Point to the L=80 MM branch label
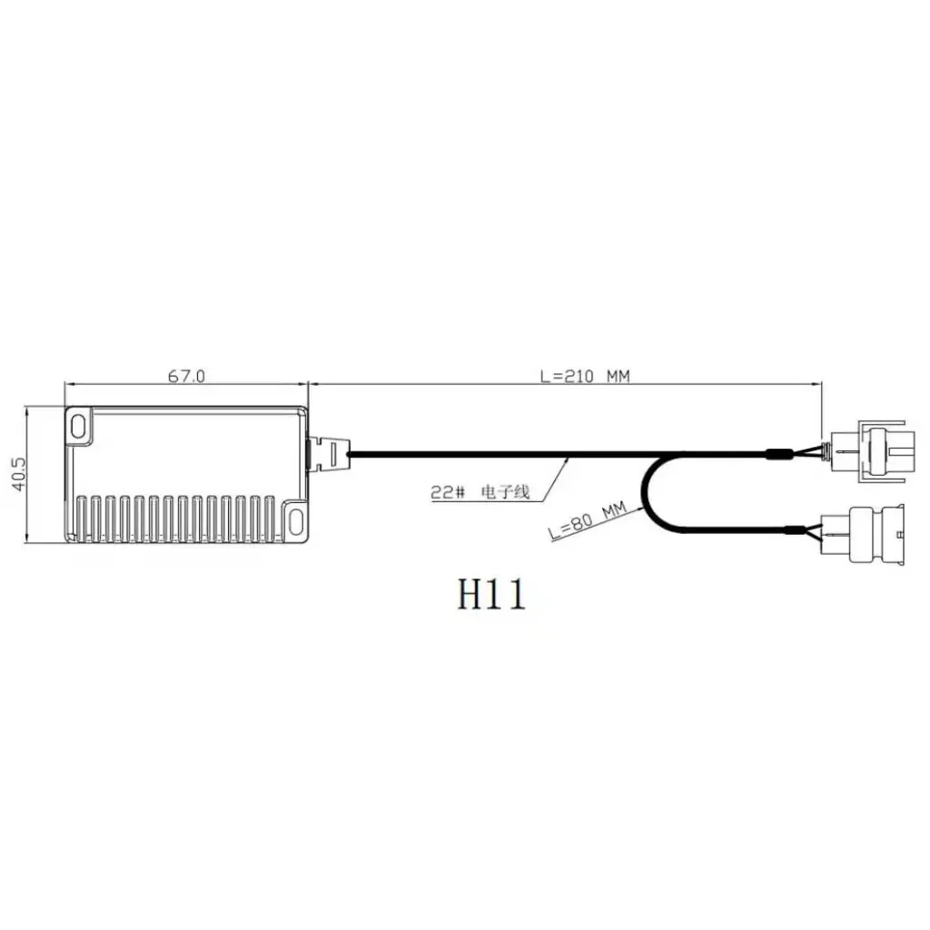588,523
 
